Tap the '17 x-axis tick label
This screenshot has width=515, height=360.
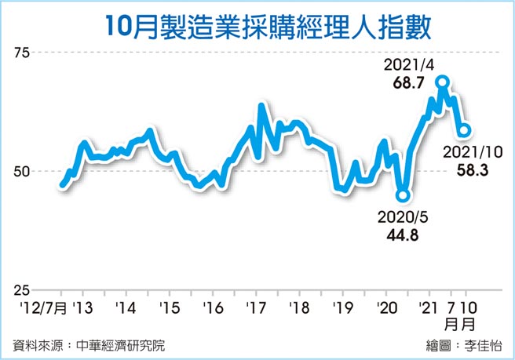[254, 306]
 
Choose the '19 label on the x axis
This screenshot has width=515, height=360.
[342, 306]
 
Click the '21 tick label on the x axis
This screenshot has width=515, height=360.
[428, 306]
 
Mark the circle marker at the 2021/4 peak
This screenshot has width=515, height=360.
[443, 82]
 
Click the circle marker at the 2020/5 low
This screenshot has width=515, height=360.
[403, 195]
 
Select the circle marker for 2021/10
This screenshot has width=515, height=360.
[464, 130]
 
